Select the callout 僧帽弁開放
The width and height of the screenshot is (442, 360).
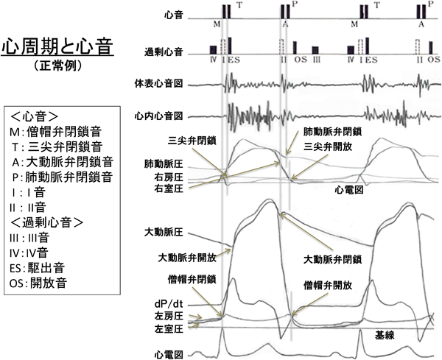[327, 283]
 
